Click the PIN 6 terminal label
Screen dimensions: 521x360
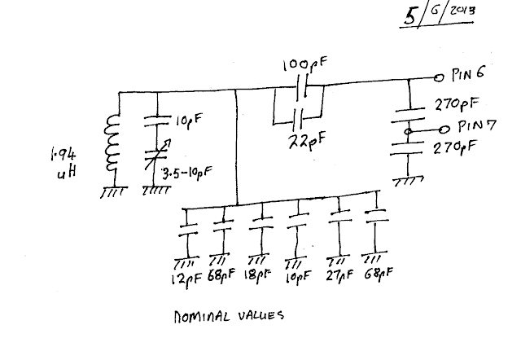click(468, 73)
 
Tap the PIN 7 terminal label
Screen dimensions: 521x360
click(477, 126)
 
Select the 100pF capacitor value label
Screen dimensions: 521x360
click(305, 64)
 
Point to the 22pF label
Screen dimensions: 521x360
click(307, 141)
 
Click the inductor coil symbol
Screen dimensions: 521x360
click(112, 143)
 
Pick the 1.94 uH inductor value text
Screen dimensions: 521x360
click(63, 164)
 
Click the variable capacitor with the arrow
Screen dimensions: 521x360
click(157, 154)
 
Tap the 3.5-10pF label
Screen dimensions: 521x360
click(187, 173)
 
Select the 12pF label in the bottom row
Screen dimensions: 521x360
click(186, 278)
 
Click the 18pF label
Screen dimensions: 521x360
click(257, 275)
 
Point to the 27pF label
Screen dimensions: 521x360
click(339, 274)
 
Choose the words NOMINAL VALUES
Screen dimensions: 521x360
click(229, 316)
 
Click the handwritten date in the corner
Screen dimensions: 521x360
click(438, 15)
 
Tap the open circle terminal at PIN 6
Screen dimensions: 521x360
click(439, 78)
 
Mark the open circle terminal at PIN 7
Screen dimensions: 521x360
click(444, 130)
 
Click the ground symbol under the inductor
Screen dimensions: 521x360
click(113, 192)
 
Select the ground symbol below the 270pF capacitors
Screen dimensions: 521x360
click(409, 182)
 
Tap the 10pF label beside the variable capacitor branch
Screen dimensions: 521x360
click(188, 120)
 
